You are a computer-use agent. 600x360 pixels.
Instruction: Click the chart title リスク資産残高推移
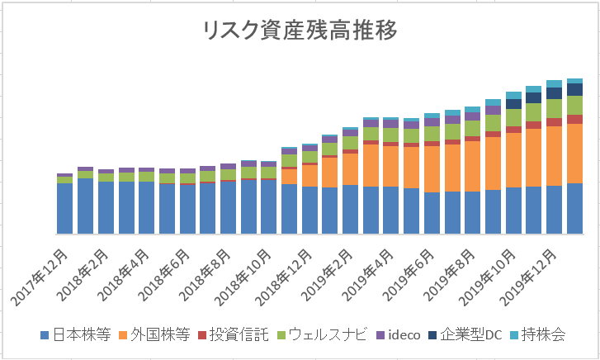tap(300, 31)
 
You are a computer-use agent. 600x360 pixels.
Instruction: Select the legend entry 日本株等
tap(74, 334)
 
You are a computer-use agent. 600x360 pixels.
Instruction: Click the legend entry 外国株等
tap(160, 334)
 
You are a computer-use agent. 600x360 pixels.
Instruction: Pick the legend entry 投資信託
tap(239, 334)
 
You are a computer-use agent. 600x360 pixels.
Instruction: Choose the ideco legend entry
tap(399, 334)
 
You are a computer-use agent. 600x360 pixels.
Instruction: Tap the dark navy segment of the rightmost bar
tap(575, 89)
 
